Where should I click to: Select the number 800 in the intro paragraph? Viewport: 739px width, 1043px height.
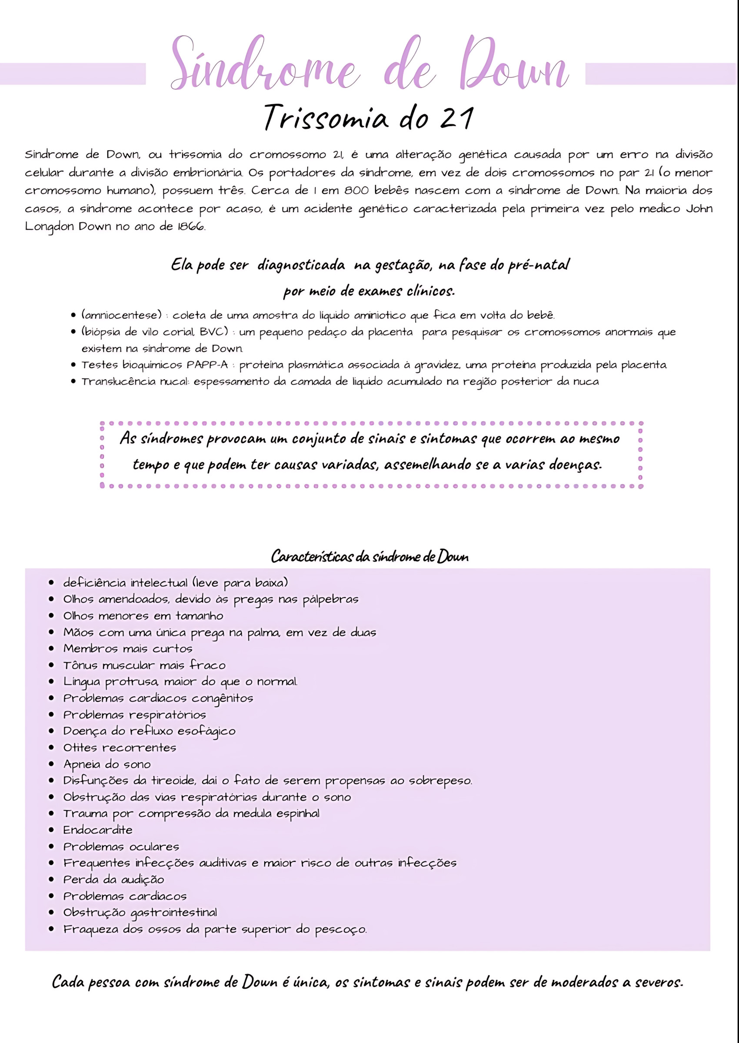(356, 190)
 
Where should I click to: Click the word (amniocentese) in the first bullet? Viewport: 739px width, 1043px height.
(121, 315)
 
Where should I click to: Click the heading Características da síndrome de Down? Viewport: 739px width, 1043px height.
(369, 556)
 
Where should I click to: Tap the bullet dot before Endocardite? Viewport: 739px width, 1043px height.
(51, 830)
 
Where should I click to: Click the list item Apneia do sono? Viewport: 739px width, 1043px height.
(107, 764)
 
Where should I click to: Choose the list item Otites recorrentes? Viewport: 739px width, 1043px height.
(120, 747)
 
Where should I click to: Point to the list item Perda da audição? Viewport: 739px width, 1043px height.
(114, 879)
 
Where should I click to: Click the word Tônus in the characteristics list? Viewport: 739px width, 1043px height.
(80, 665)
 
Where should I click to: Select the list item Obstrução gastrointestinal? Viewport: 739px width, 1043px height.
(140, 913)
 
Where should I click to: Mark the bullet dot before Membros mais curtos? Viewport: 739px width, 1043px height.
(51, 649)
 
